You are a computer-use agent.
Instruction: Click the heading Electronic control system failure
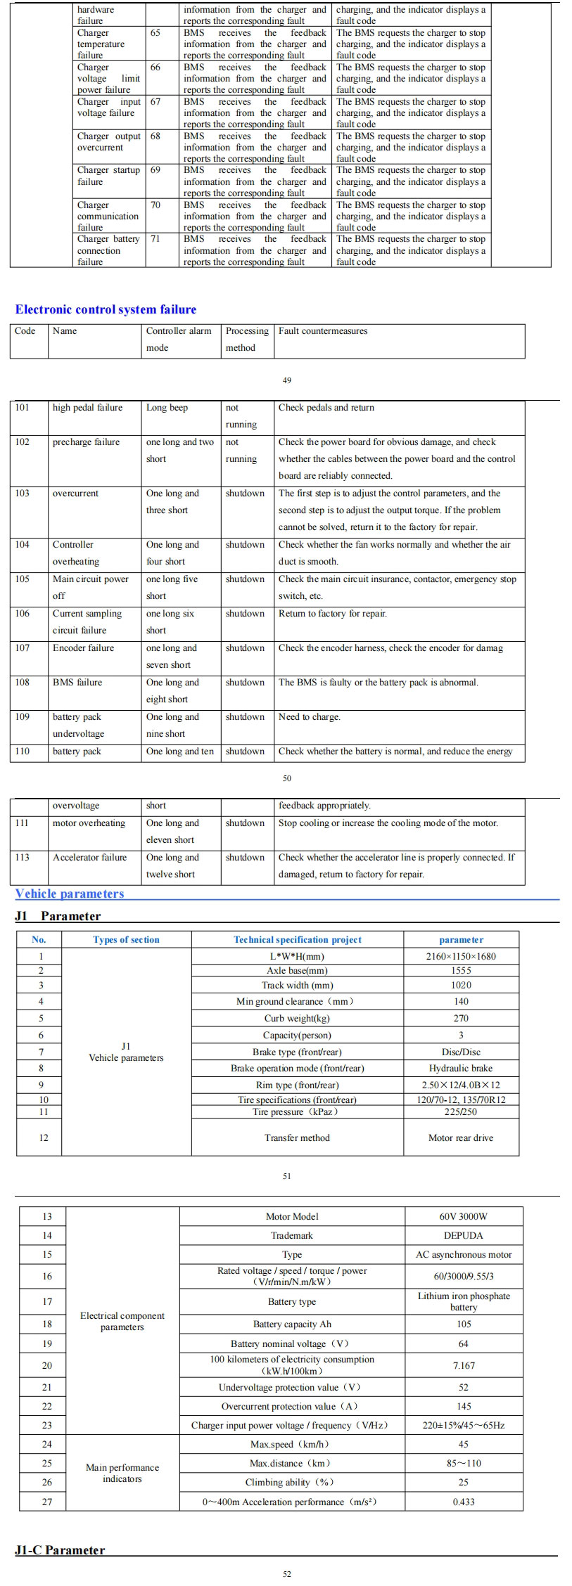pos(106,309)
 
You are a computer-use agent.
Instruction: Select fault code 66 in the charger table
pos(155,67)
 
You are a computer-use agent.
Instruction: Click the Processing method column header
pos(247,339)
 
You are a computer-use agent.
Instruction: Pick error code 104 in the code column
pos(23,545)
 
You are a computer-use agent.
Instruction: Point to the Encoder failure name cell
pos(83,648)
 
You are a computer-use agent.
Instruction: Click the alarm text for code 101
pos(167,408)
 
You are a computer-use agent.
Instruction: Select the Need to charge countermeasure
pos(309,717)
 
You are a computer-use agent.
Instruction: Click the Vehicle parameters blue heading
pos(70,894)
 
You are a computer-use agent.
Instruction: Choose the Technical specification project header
pos(298,940)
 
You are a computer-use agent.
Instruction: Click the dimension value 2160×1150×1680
pos(461,956)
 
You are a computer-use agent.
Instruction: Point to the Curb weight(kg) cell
pos(297,1018)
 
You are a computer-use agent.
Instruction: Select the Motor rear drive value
pos(461,1137)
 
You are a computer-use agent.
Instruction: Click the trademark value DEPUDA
pos(463,1235)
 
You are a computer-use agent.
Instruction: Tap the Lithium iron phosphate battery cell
pos(464,1301)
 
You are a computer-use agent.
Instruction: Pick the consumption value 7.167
pos(464,1365)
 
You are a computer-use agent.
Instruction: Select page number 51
pos(286,1176)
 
